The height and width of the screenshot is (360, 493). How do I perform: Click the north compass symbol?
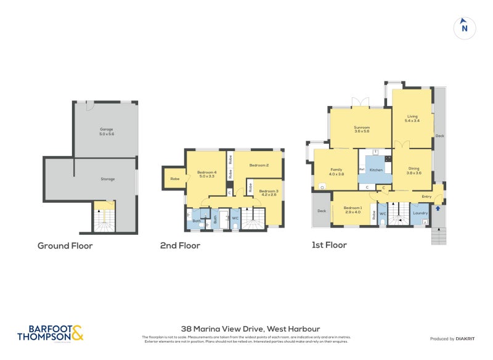[464, 27]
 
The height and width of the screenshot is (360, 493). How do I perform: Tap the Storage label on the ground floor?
[107, 179]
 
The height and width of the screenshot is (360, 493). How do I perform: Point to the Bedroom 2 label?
[259, 165]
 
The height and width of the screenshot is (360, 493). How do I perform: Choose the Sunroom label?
[361, 128]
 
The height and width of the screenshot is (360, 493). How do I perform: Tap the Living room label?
[412, 118]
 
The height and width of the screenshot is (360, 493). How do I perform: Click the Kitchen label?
[376, 170]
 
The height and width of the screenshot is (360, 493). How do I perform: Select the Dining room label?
[414, 170]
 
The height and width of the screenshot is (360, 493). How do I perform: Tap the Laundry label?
[420, 213]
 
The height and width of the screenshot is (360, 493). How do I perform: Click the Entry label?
[426, 197]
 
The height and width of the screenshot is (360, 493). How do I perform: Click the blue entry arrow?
[438, 208]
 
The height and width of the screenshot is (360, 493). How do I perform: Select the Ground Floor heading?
[65, 245]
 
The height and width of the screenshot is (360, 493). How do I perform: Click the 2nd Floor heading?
[180, 245]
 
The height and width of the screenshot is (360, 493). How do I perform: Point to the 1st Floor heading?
[329, 245]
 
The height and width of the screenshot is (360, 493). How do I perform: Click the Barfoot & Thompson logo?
[50, 333]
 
